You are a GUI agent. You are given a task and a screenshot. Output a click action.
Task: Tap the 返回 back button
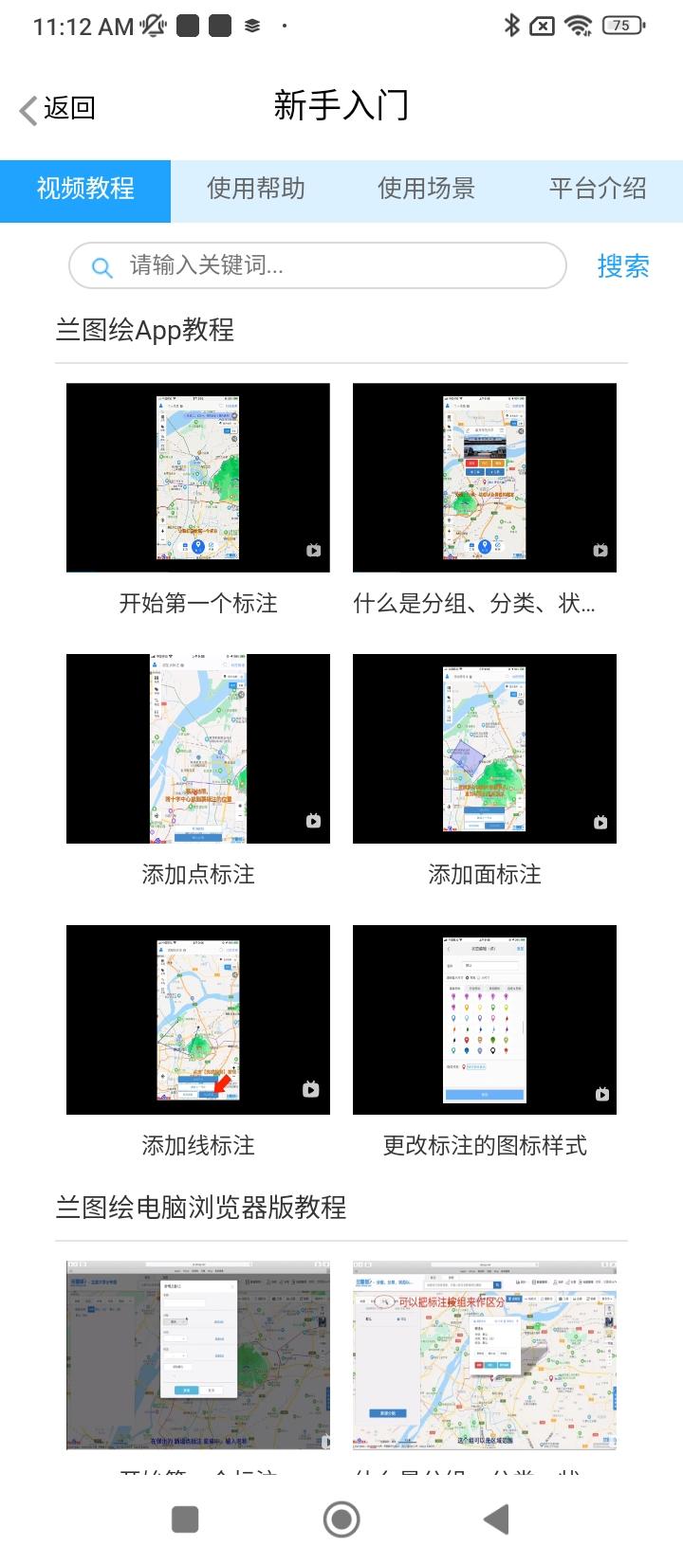pyautogui.click(x=58, y=108)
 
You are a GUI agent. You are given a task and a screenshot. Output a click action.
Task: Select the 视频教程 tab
pyautogui.click(x=85, y=189)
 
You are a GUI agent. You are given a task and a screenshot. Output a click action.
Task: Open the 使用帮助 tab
pyautogui.click(x=256, y=189)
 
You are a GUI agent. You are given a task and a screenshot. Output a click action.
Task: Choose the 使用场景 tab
pyautogui.click(x=426, y=189)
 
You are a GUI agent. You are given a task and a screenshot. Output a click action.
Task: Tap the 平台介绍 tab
pyautogui.click(x=597, y=189)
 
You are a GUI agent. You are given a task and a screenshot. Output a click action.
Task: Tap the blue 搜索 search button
pyautogui.click(x=623, y=266)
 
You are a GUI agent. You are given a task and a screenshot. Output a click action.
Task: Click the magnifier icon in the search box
pyautogui.click(x=102, y=266)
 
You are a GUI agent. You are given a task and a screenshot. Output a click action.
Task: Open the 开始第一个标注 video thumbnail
pyautogui.click(x=198, y=478)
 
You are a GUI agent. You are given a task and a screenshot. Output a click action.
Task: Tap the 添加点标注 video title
pyautogui.click(x=198, y=874)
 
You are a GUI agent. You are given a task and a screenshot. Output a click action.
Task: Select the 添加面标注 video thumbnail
pyautogui.click(x=485, y=749)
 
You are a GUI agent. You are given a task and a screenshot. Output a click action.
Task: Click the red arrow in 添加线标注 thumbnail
pyautogui.click(x=222, y=1082)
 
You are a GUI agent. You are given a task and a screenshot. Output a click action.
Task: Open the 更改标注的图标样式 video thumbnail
pyautogui.click(x=485, y=1020)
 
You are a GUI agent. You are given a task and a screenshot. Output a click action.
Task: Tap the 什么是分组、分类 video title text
pyautogui.click(x=474, y=603)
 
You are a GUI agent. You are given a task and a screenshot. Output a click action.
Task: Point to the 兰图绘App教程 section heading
pyautogui.click(x=145, y=330)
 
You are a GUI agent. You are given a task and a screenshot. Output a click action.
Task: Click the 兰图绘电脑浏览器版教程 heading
pyautogui.click(x=201, y=1208)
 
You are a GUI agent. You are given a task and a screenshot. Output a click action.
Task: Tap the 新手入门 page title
pyautogui.click(x=341, y=105)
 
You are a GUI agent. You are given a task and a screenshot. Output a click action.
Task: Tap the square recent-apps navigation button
pyautogui.click(x=185, y=1519)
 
